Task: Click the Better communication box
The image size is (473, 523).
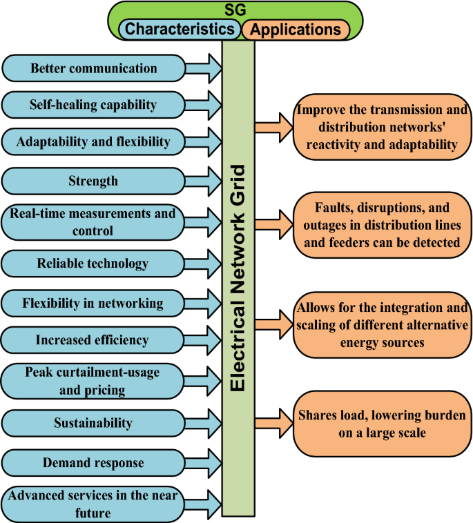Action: (x=93, y=68)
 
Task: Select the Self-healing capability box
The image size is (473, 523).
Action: (x=93, y=106)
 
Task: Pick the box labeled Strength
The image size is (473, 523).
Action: (x=93, y=181)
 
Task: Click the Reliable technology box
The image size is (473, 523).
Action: (x=93, y=263)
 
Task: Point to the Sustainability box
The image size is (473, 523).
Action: (x=93, y=423)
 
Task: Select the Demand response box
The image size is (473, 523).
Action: (x=93, y=462)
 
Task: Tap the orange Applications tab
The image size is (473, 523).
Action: (x=296, y=30)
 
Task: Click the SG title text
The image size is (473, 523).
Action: (x=235, y=10)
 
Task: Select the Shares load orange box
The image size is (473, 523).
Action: (x=382, y=424)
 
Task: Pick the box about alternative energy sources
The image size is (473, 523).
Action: (x=382, y=324)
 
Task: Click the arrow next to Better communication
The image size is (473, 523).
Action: (x=204, y=68)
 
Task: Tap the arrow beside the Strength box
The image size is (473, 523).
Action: (x=204, y=181)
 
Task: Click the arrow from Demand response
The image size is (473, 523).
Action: (x=204, y=462)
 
